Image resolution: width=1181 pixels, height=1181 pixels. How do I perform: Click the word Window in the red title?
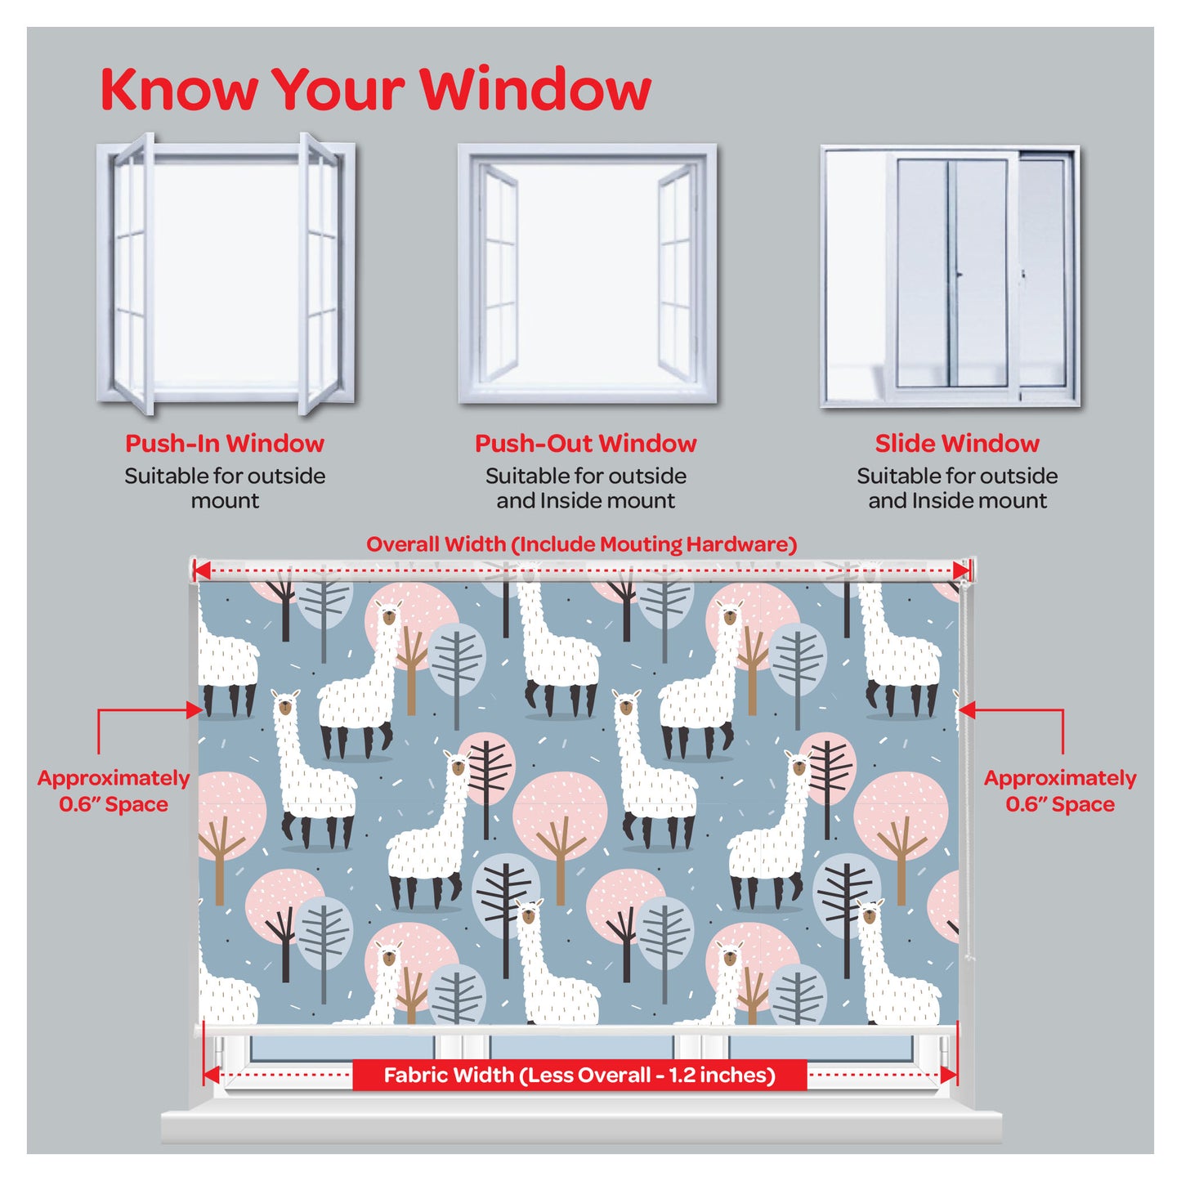tap(535, 89)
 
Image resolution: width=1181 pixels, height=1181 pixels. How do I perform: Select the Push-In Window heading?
tap(225, 444)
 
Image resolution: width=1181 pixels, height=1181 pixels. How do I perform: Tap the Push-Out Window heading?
tap(586, 444)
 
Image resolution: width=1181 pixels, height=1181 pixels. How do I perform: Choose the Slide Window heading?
tap(957, 444)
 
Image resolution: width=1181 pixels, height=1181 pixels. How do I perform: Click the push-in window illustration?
tap(226, 273)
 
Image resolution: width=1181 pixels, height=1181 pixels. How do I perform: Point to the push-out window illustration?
tap(587, 274)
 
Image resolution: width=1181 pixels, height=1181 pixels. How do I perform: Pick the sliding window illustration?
tap(950, 276)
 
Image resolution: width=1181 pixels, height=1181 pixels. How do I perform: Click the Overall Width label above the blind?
tap(581, 544)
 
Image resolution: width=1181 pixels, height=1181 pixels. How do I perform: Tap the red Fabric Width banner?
tap(579, 1075)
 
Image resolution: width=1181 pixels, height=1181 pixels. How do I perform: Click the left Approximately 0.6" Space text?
tap(114, 791)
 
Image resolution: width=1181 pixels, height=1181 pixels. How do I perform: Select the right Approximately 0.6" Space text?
tap(1060, 791)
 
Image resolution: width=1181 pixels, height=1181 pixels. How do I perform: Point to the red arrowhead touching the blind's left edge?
tap(195, 710)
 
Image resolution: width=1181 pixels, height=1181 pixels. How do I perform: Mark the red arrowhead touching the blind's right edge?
tap(967, 710)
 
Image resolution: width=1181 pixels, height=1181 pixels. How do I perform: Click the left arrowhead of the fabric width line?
tap(212, 1075)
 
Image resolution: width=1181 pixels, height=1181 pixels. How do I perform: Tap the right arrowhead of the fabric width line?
tap(949, 1075)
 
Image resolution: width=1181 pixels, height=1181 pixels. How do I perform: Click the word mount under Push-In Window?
tap(225, 501)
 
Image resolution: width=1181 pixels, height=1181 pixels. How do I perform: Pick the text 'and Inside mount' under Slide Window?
tap(957, 501)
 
